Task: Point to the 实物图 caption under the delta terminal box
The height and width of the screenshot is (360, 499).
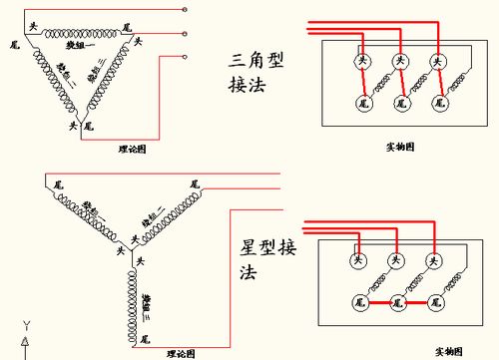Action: (400, 147)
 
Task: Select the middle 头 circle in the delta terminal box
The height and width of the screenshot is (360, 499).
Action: (399, 62)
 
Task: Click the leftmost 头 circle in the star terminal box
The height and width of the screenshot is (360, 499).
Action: (356, 260)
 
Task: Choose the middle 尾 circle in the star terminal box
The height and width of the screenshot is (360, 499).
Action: (395, 300)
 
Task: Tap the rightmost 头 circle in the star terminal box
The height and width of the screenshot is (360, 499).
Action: (434, 260)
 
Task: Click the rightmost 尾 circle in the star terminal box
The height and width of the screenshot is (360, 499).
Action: (434, 300)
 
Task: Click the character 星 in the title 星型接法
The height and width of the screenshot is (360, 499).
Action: (251, 245)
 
